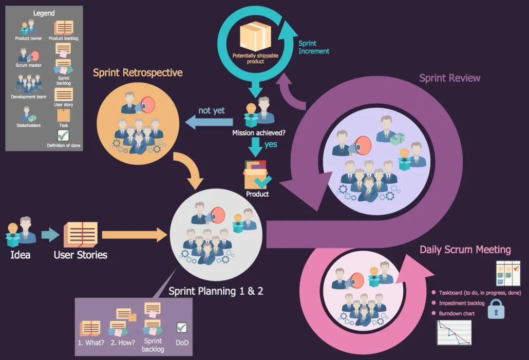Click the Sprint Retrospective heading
pos(138,72)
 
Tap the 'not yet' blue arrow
pos(207,122)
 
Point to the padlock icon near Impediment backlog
pos(496,309)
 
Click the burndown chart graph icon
pos(454,332)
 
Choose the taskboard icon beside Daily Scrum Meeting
pos(508,273)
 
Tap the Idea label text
pos(20,255)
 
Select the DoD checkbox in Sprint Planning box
pos(182,328)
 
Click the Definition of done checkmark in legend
pos(63,136)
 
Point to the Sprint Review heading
pos(449,78)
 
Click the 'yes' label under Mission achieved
pos(271,144)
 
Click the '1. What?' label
pos(91,343)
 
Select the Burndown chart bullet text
pos(456,313)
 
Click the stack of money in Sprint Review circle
pos(397,139)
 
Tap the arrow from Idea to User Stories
pos(50,235)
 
